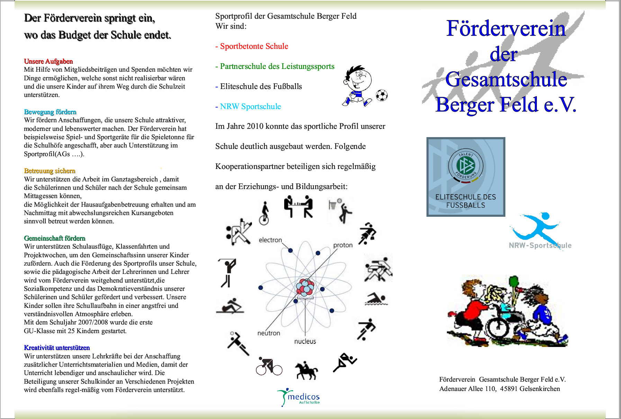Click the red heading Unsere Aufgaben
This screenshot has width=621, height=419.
pos(48,61)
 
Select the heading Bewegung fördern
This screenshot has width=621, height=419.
pos(50,112)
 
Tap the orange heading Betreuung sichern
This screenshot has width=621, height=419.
pos(49,171)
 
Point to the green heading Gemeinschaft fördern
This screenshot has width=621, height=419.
pos(55,238)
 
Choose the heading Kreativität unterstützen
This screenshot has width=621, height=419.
pos(57,348)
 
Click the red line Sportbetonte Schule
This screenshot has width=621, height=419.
pos(252,46)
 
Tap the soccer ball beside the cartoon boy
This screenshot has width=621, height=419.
pos(381,95)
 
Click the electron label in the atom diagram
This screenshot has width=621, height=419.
pos(270,240)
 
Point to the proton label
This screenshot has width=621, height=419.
pos(343,245)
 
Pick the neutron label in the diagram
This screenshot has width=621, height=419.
pos(269,333)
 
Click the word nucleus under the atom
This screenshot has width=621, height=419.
pos(305,341)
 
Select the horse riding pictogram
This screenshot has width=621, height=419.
pos(306,370)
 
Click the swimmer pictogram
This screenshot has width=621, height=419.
pos(376,299)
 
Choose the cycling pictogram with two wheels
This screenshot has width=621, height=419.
pos(269,366)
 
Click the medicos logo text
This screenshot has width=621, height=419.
pos(303,397)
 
